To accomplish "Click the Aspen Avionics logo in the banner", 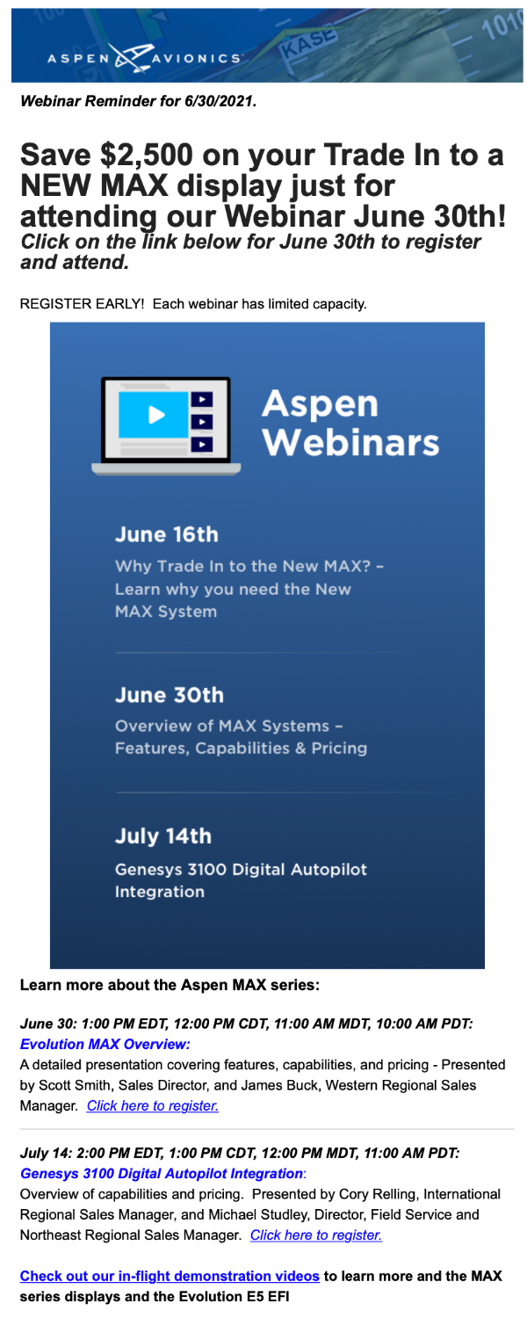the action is pos(144,58).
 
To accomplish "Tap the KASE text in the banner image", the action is pos(309,44).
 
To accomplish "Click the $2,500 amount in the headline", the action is pos(147,155).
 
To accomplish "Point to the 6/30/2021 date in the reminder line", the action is pos(219,101).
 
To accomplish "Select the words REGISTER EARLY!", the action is pos(82,304).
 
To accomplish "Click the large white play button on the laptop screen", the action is pos(156,415).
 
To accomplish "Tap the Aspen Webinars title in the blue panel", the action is pos(350,423).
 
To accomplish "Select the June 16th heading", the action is pos(167,534).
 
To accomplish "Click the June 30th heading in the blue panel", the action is pos(170,695).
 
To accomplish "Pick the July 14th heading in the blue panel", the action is pos(162,836).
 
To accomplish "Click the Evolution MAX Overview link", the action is pos(105,1044).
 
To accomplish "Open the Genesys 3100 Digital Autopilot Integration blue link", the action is pos(161,1173).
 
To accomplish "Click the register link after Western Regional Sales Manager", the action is pos(153,1105).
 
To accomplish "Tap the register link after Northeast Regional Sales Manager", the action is pos(316,1235).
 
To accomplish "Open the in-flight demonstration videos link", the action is pos(170,1276).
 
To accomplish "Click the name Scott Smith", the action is pos(74,1085).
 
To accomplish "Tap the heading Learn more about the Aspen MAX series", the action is pos(170,985).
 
